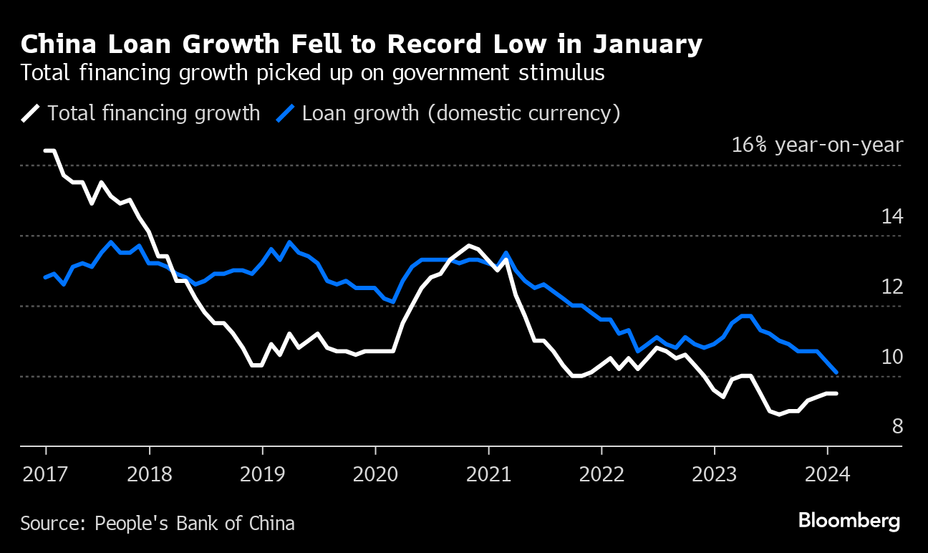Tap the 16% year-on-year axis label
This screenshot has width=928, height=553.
pyautogui.click(x=817, y=145)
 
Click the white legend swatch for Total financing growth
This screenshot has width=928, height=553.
pyautogui.click(x=31, y=113)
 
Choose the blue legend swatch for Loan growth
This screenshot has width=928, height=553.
pyautogui.click(x=286, y=113)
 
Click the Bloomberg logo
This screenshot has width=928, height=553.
pyautogui.click(x=849, y=521)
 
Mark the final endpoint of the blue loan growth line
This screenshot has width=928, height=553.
pyautogui.click(x=836, y=372)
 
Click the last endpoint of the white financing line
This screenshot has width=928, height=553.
pyautogui.click(x=836, y=393)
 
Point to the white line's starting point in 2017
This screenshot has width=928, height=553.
pyautogui.click(x=46, y=150)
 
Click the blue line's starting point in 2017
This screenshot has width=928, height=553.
pyautogui.click(x=46, y=277)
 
